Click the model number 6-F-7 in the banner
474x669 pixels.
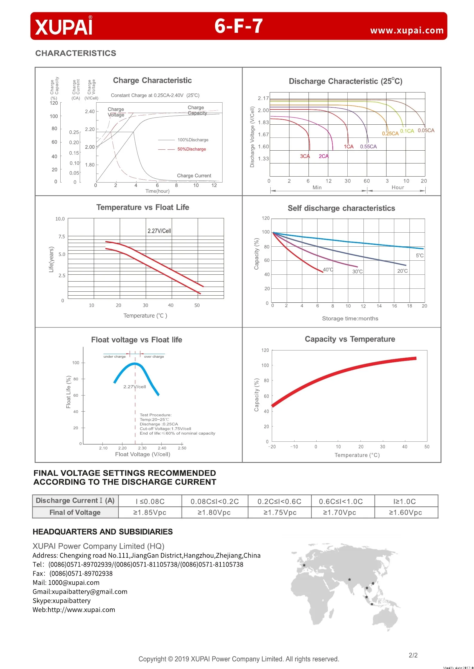pyautogui.click(x=238, y=26)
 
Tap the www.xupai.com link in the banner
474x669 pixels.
pyautogui.click(x=406, y=30)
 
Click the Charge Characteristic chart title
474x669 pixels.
pyautogui.click(x=152, y=80)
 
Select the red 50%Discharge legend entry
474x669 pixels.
pyautogui.click(x=191, y=149)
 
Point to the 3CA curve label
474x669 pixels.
pyautogui.click(x=305, y=156)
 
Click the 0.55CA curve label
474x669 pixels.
pyautogui.click(x=368, y=146)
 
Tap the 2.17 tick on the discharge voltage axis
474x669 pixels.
pyautogui.click(x=263, y=98)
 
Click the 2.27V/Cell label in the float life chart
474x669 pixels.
pyautogui.click(x=159, y=231)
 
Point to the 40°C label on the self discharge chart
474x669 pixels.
pyautogui.click(x=328, y=270)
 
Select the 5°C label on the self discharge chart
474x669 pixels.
pyautogui.click(x=419, y=255)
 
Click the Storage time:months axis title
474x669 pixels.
pyautogui.click(x=350, y=319)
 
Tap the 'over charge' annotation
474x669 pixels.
pyautogui.click(x=154, y=356)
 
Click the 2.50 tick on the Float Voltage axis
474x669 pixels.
pyautogui.click(x=182, y=448)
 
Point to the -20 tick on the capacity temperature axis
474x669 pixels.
pyautogui.click(x=272, y=446)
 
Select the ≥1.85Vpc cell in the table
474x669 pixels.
pyautogui.click(x=150, y=512)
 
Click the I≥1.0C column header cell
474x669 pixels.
pyautogui.click(x=405, y=501)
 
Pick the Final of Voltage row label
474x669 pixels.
pyautogui.click(x=75, y=512)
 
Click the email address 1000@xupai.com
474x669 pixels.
pyautogui.click(x=73, y=583)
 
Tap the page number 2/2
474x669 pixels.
pyautogui.click(x=413, y=655)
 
